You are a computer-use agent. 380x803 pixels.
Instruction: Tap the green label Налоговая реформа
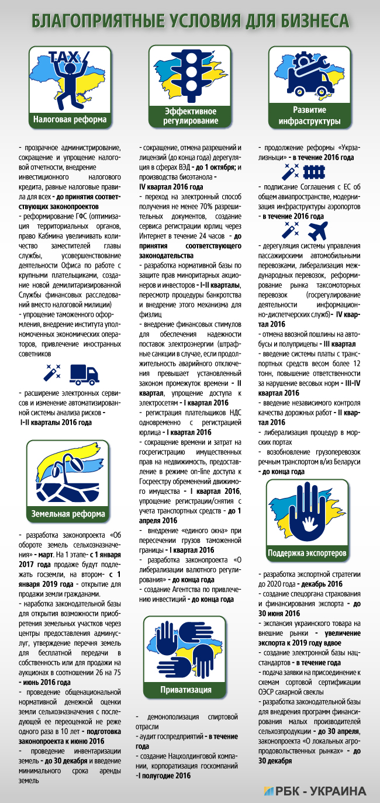70,120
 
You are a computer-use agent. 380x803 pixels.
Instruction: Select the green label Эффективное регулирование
190,116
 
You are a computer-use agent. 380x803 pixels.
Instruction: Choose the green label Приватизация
186,690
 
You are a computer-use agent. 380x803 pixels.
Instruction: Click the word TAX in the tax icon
64,56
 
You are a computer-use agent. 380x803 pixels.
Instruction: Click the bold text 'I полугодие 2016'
164,776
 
